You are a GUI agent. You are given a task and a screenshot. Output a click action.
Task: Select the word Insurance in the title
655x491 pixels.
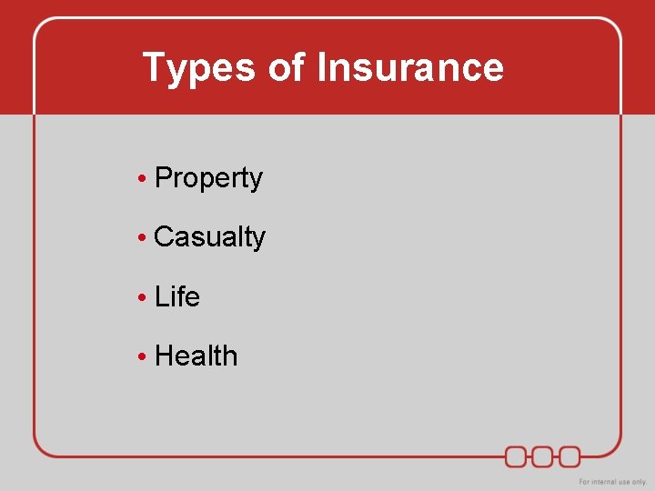coord(409,68)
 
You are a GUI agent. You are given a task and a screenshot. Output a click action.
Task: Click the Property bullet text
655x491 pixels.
coord(209,178)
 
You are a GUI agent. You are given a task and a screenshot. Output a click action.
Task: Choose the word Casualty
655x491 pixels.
coord(210,237)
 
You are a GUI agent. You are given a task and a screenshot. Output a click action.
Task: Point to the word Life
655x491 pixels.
coord(177,296)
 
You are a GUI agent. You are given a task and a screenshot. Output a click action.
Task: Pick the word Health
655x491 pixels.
coord(196,356)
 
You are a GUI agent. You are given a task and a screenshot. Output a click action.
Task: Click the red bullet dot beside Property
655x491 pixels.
coord(143,179)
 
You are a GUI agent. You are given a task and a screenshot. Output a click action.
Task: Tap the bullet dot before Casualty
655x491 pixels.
coord(143,238)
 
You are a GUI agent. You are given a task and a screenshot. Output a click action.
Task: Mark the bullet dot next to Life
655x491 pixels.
coord(143,297)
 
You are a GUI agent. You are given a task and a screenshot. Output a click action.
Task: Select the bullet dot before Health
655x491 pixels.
coord(143,356)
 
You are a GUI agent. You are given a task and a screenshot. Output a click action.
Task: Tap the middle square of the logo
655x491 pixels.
coord(543,456)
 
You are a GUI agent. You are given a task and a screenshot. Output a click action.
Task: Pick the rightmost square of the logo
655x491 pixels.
coord(569,456)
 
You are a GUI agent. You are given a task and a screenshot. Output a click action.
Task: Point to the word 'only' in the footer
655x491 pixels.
coord(640,481)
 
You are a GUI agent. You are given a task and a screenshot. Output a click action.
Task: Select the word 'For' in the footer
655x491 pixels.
coord(586,481)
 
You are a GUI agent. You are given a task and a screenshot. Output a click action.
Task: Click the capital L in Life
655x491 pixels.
coord(161,296)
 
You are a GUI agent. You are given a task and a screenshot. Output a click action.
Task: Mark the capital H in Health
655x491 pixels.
coord(164,356)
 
